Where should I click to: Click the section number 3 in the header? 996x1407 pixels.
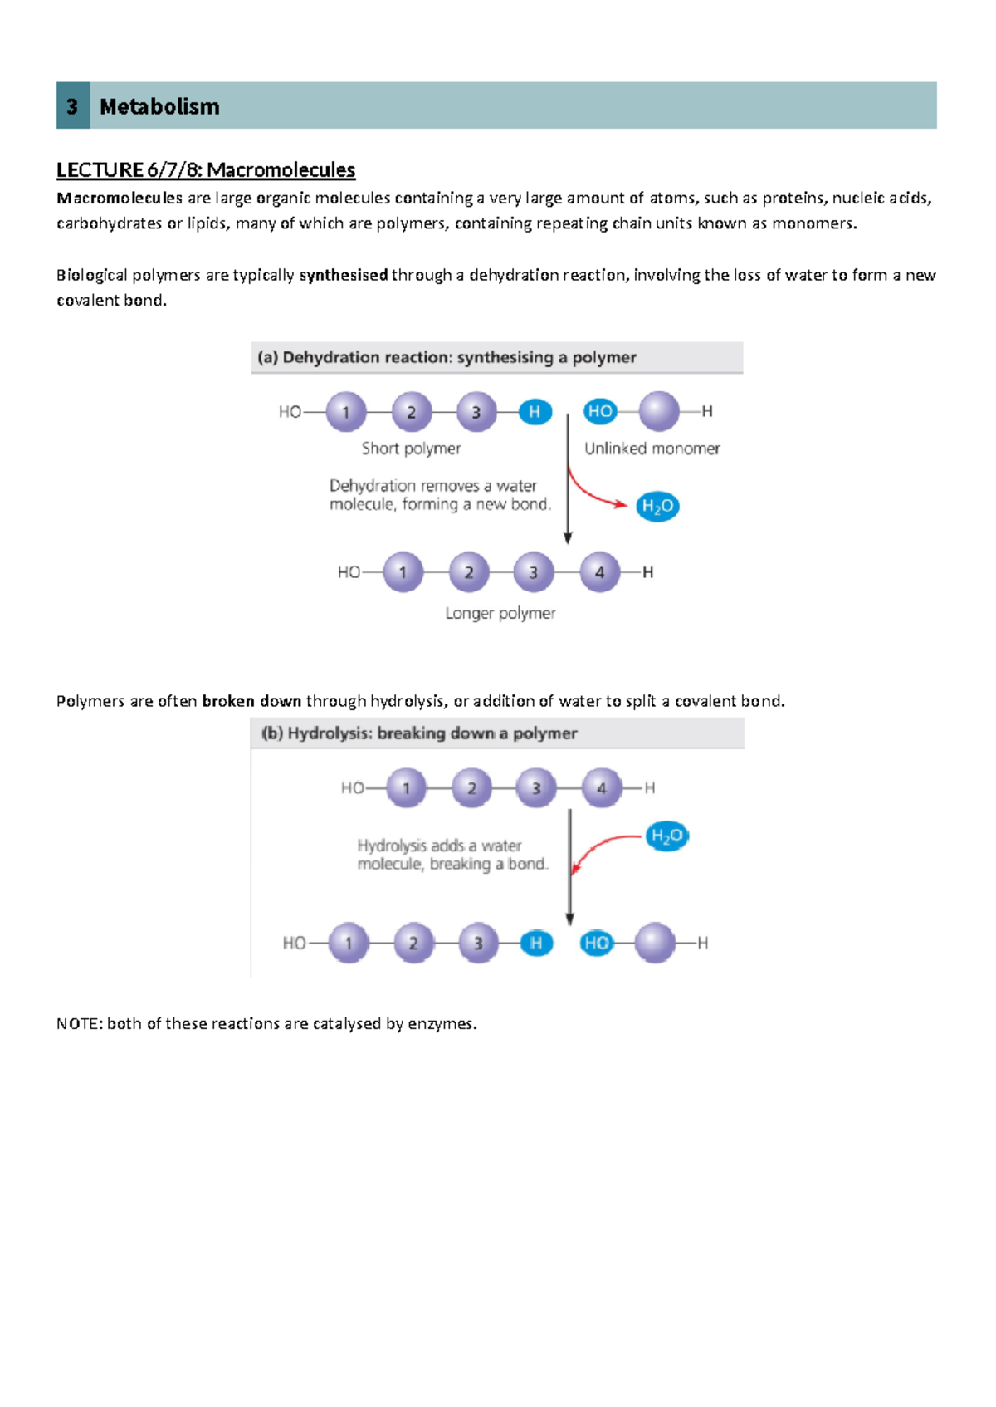pyautogui.click(x=72, y=106)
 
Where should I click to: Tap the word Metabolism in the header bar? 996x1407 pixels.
pyautogui.click(x=159, y=106)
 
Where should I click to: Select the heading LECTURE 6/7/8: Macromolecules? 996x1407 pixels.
pyautogui.click(x=206, y=170)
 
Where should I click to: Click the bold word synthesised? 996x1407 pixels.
pyautogui.click(x=344, y=275)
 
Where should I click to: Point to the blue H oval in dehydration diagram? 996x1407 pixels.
pyautogui.click(x=535, y=412)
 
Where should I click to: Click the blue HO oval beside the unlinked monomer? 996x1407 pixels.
pyautogui.click(x=599, y=411)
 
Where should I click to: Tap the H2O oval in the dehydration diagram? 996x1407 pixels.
pyautogui.click(x=657, y=507)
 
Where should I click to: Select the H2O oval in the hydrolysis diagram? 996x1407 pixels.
pyautogui.click(x=667, y=836)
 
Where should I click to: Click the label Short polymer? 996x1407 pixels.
pyautogui.click(x=411, y=449)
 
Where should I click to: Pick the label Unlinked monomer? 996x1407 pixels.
pyautogui.click(x=652, y=449)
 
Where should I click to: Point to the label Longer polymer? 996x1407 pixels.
pyautogui.click(x=500, y=613)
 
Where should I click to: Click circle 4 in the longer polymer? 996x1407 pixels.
pyautogui.click(x=599, y=572)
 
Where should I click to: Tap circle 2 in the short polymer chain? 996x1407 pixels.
pyautogui.click(x=411, y=412)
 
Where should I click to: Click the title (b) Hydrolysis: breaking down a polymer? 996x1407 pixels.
pyautogui.click(x=419, y=733)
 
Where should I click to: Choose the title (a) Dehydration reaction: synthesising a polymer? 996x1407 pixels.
pyautogui.click(x=447, y=357)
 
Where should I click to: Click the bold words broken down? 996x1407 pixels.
pyautogui.click(x=251, y=701)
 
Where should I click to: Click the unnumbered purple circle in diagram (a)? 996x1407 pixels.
pyautogui.click(x=659, y=412)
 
